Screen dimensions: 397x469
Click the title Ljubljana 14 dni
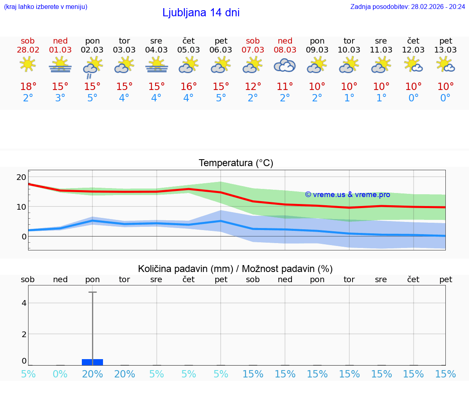[201, 13]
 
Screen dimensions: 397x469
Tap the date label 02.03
[92, 50]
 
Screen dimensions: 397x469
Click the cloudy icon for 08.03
[285, 65]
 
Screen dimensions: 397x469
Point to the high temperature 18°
[28, 87]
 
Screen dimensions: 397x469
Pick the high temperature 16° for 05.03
[188, 87]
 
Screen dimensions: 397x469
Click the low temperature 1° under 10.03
[349, 98]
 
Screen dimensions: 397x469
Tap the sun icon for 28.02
[28, 64]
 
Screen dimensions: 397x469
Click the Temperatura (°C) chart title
[236, 163]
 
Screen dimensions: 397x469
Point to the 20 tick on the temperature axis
[21, 177]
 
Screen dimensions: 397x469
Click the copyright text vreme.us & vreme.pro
[347, 195]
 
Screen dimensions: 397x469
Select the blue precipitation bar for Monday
[92, 362]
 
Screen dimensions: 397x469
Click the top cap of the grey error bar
[92, 292]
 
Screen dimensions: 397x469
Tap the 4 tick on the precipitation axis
[24, 303]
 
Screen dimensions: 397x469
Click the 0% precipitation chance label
[60, 374]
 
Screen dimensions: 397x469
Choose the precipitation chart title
[235, 269]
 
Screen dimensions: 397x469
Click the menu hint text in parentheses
[46, 7]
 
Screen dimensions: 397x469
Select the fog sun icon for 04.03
[156, 65]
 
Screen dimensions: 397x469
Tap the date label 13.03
[445, 50]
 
